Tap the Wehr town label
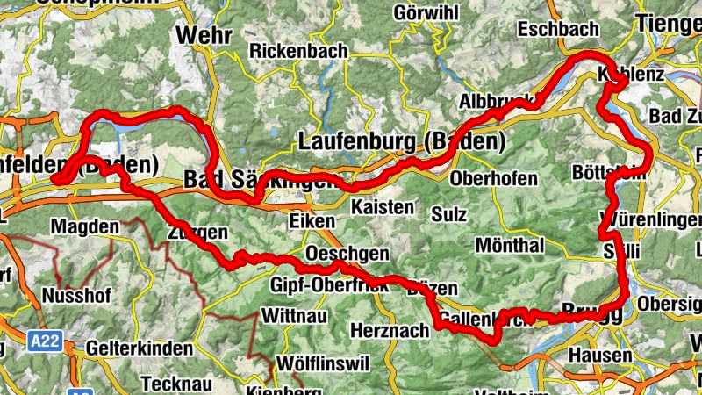coord(204,35)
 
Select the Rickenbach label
coord(298,52)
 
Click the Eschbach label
coord(558,30)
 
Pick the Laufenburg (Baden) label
coord(403,140)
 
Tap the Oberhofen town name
coord(493,178)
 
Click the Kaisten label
coord(382,208)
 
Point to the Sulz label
coord(449,214)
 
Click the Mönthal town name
coord(510,244)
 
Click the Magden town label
coord(84,227)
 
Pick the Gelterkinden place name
coord(140,348)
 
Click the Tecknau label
coord(173,384)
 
